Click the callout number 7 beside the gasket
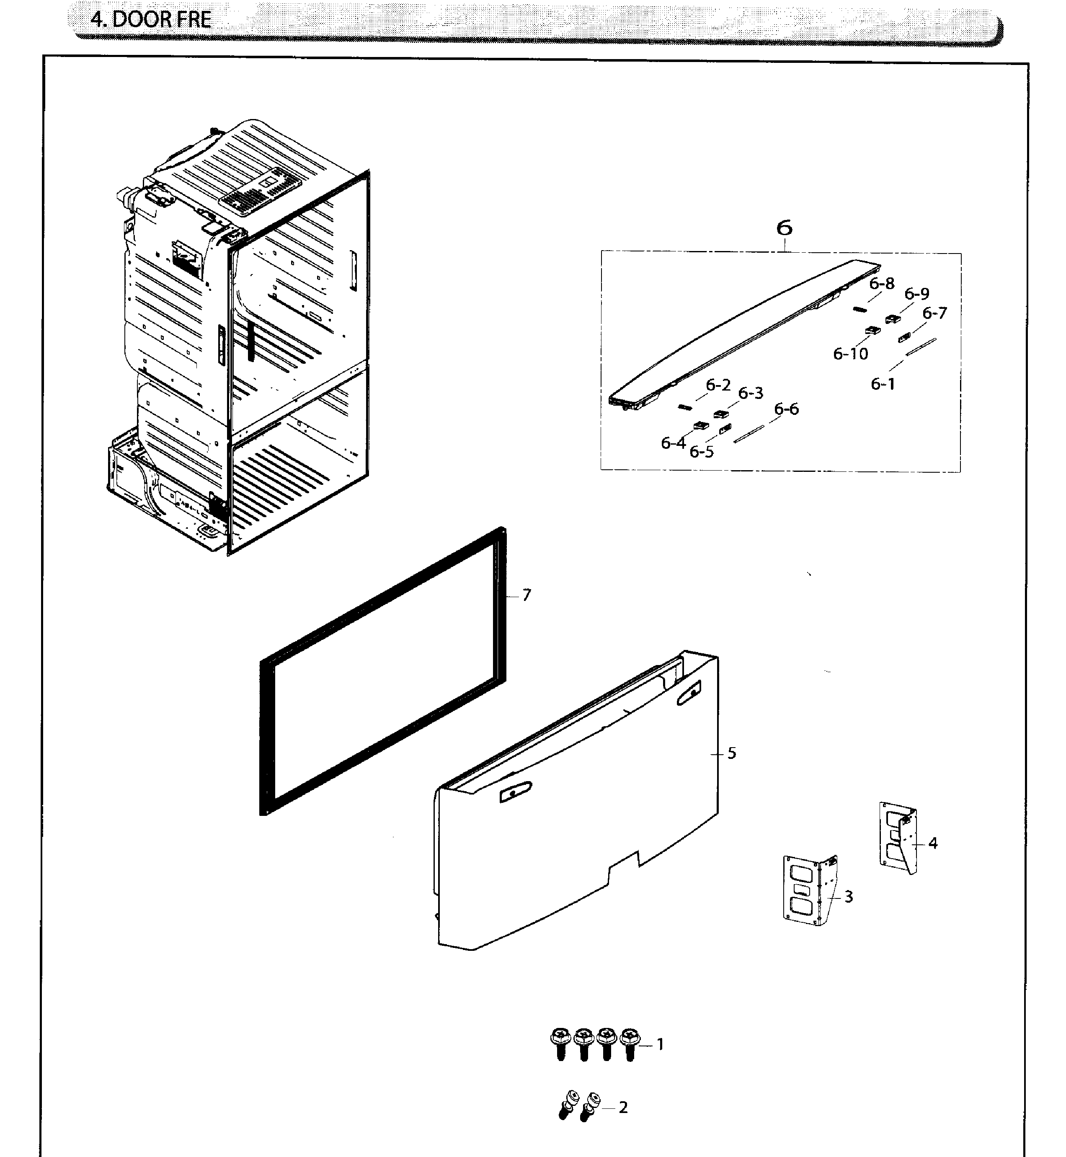pos(526,595)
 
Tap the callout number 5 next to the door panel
pos(731,753)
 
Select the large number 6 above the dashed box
pos(784,228)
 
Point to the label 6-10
pos(850,353)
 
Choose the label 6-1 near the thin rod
pos(883,384)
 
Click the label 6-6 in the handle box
pos(786,409)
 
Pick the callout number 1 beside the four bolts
pos(661,1044)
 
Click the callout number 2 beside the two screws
pos(623,1108)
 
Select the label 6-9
pos(916,294)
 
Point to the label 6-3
pos(751,393)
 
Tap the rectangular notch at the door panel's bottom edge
pos(624,863)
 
